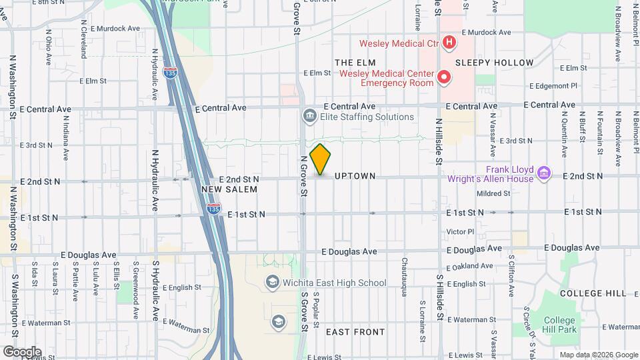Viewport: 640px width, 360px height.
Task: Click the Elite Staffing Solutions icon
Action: (x=309, y=117)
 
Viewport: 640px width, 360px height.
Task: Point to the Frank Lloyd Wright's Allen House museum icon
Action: (x=544, y=173)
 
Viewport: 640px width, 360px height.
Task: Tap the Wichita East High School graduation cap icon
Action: (x=272, y=283)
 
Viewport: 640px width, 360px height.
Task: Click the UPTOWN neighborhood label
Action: (x=355, y=176)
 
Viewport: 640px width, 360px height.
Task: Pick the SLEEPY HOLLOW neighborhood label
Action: (x=495, y=63)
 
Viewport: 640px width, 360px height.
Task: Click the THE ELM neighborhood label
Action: (x=351, y=62)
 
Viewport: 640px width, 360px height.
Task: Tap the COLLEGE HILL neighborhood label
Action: (x=593, y=293)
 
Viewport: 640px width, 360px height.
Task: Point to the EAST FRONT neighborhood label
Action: (x=355, y=331)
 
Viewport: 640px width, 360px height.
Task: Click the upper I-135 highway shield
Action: (x=171, y=73)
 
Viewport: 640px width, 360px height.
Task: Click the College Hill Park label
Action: (x=559, y=325)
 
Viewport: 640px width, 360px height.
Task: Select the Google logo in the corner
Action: (x=22, y=351)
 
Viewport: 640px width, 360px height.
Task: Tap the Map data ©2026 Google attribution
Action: (x=598, y=355)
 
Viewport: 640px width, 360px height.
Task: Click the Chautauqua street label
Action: (x=404, y=273)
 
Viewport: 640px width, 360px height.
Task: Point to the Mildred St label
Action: (x=494, y=194)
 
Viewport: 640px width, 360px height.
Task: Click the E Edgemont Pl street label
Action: (x=553, y=86)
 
